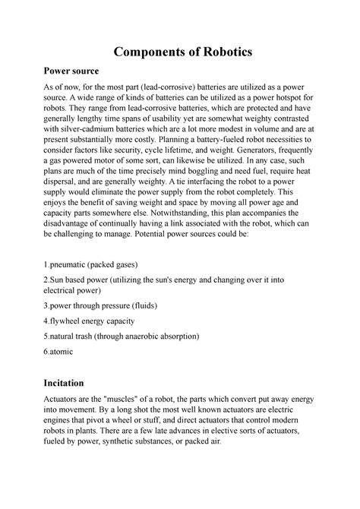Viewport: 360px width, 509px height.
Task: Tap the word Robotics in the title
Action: pyautogui.click(x=224, y=53)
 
